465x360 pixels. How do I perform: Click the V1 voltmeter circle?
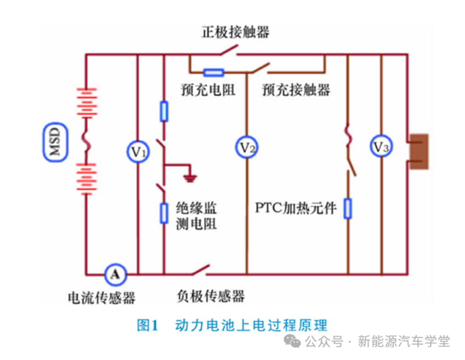(x=138, y=152)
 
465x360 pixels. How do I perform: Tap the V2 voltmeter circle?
(x=246, y=147)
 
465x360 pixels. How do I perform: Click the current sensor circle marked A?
(x=115, y=273)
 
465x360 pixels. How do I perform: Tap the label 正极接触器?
(x=235, y=32)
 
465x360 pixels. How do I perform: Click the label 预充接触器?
(x=296, y=90)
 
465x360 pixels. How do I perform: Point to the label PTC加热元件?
(x=296, y=208)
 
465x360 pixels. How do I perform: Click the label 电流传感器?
(x=102, y=298)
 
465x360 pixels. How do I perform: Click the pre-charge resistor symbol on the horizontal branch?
(x=213, y=73)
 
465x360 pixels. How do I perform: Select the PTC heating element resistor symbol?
(x=348, y=208)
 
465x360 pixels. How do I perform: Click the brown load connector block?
(x=419, y=152)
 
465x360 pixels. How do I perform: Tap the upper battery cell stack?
(x=87, y=105)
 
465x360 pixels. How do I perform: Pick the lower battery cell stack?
(x=87, y=178)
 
